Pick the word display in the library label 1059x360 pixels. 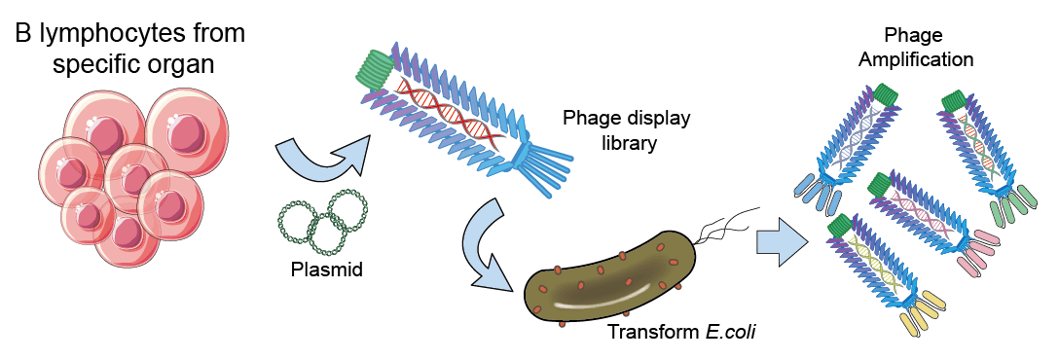(x=658, y=119)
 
